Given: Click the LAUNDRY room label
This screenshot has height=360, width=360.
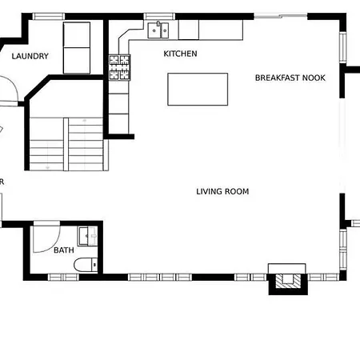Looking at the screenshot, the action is click(x=30, y=56).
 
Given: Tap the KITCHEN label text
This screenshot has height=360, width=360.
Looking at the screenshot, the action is click(x=180, y=54).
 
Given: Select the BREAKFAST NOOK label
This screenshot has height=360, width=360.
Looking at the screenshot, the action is click(x=290, y=78).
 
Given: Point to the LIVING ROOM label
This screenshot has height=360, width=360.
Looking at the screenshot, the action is click(x=222, y=191).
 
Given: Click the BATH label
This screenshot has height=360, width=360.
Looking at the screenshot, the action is click(x=64, y=250).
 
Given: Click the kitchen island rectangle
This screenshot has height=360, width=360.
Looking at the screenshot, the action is click(x=198, y=90).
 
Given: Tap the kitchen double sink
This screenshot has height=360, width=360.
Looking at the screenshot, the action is click(x=158, y=30).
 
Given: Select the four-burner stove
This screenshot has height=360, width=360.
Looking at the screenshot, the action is click(x=119, y=67).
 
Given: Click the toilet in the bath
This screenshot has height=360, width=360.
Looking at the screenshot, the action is click(x=86, y=265).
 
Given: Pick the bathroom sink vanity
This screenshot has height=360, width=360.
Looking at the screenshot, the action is click(x=87, y=236).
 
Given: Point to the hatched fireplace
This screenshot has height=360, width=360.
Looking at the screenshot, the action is click(x=288, y=282).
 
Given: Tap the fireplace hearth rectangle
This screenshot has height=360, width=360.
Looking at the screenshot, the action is click(x=287, y=269).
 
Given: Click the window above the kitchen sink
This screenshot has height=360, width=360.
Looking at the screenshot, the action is click(x=159, y=17).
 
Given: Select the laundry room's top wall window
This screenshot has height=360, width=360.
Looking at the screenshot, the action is click(x=49, y=17).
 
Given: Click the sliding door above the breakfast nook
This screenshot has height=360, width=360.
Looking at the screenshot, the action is click(x=281, y=16).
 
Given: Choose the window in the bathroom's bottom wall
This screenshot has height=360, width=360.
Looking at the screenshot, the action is click(x=63, y=278).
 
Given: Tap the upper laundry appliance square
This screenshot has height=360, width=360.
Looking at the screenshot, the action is click(x=77, y=35).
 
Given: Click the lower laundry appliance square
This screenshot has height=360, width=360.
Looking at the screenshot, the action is click(x=77, y=61).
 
